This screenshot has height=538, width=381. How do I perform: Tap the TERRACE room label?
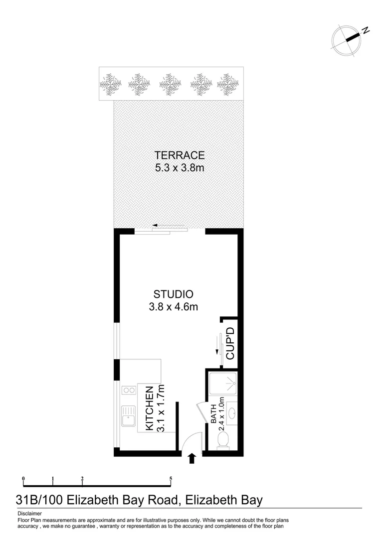tap(179, 155)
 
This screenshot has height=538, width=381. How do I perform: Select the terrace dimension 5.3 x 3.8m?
tap(179, 168)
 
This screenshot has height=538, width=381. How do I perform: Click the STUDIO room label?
tap(173, 294)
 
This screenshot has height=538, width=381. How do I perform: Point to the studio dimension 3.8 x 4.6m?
tap(173, 307)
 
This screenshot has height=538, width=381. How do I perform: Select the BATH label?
tap(213, 413)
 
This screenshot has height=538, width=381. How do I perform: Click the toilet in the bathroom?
tap(224, 440)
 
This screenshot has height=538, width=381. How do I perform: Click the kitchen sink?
tap(128, 416)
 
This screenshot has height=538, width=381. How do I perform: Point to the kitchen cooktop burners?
tap(129, 390)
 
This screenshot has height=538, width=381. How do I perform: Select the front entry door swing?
tap(191, 442)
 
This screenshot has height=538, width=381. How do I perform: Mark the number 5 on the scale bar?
tap(171, 479)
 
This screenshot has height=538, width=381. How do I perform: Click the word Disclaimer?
tap(29, 514)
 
